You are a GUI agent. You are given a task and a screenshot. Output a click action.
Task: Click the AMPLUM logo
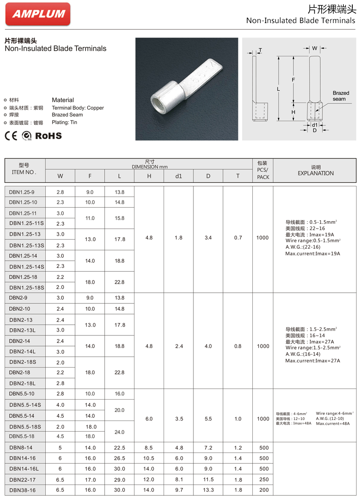coord(38,14)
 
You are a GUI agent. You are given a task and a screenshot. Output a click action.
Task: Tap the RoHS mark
coord(48,136)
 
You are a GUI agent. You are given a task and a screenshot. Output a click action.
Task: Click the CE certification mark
coord(11,136)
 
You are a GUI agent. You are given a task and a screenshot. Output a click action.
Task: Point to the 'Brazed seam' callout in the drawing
coord(341,96)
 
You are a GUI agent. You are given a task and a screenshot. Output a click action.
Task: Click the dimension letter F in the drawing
coord(293,79)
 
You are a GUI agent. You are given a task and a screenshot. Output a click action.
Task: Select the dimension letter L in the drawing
coord(278,89)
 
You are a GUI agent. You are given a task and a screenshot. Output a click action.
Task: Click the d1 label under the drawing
coord(315,125)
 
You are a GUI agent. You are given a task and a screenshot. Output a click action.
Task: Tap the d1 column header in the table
coord(179,176)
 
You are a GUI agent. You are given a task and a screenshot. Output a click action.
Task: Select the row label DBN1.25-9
coord(22,192)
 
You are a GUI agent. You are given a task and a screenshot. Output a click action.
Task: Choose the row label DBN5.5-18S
coord(25,426)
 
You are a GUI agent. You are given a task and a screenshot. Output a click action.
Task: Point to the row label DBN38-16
coord(23,490)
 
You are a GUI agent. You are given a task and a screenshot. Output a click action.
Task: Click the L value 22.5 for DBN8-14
coord(119,448)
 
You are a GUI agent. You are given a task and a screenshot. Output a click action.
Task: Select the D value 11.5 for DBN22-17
coord(208,480)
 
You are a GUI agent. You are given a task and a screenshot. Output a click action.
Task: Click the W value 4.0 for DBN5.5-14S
coord(60,405)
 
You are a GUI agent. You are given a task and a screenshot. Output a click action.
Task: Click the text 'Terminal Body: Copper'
coord(78,108)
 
